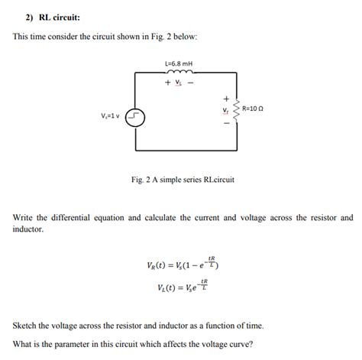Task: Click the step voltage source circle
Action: coord(134,116)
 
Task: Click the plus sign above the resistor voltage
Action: coord(225,98)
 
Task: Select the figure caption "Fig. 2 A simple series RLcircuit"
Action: coord(183,180)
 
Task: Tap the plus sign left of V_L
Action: coord(166,83)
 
